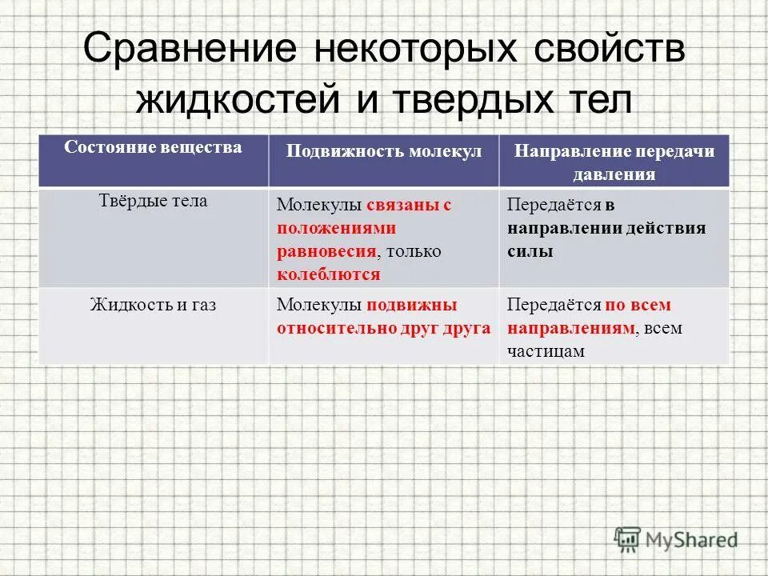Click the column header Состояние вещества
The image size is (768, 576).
pos(153,148)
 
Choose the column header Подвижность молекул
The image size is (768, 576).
pos(384,151)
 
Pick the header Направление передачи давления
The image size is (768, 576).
pos(614,162)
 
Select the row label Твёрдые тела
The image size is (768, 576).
pos(152,202)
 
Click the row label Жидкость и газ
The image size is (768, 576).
pos(154,305)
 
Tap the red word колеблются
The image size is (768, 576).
pos(329,274)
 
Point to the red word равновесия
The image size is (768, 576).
pos(326,251)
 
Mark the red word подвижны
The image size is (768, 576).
pos(412,305)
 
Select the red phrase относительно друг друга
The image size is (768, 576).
pos(384,328)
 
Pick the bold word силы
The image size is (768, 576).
pos(530,251)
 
